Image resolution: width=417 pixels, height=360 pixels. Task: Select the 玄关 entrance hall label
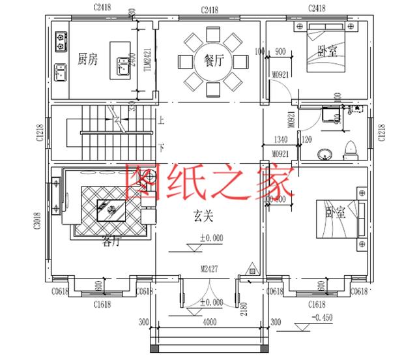click(x=203, y=213)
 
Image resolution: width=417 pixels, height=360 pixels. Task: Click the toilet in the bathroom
click(x=351, y=149)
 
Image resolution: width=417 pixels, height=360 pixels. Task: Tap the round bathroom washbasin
click(x=323, y=155)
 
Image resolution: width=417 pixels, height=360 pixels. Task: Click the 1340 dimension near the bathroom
click(x=281, y=139)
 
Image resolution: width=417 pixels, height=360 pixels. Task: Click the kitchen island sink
click(x=122, y=65)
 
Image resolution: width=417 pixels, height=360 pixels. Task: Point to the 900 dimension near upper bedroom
click(x=281, y=51)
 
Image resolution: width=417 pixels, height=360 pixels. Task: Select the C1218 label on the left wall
click(x=40, y=132)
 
